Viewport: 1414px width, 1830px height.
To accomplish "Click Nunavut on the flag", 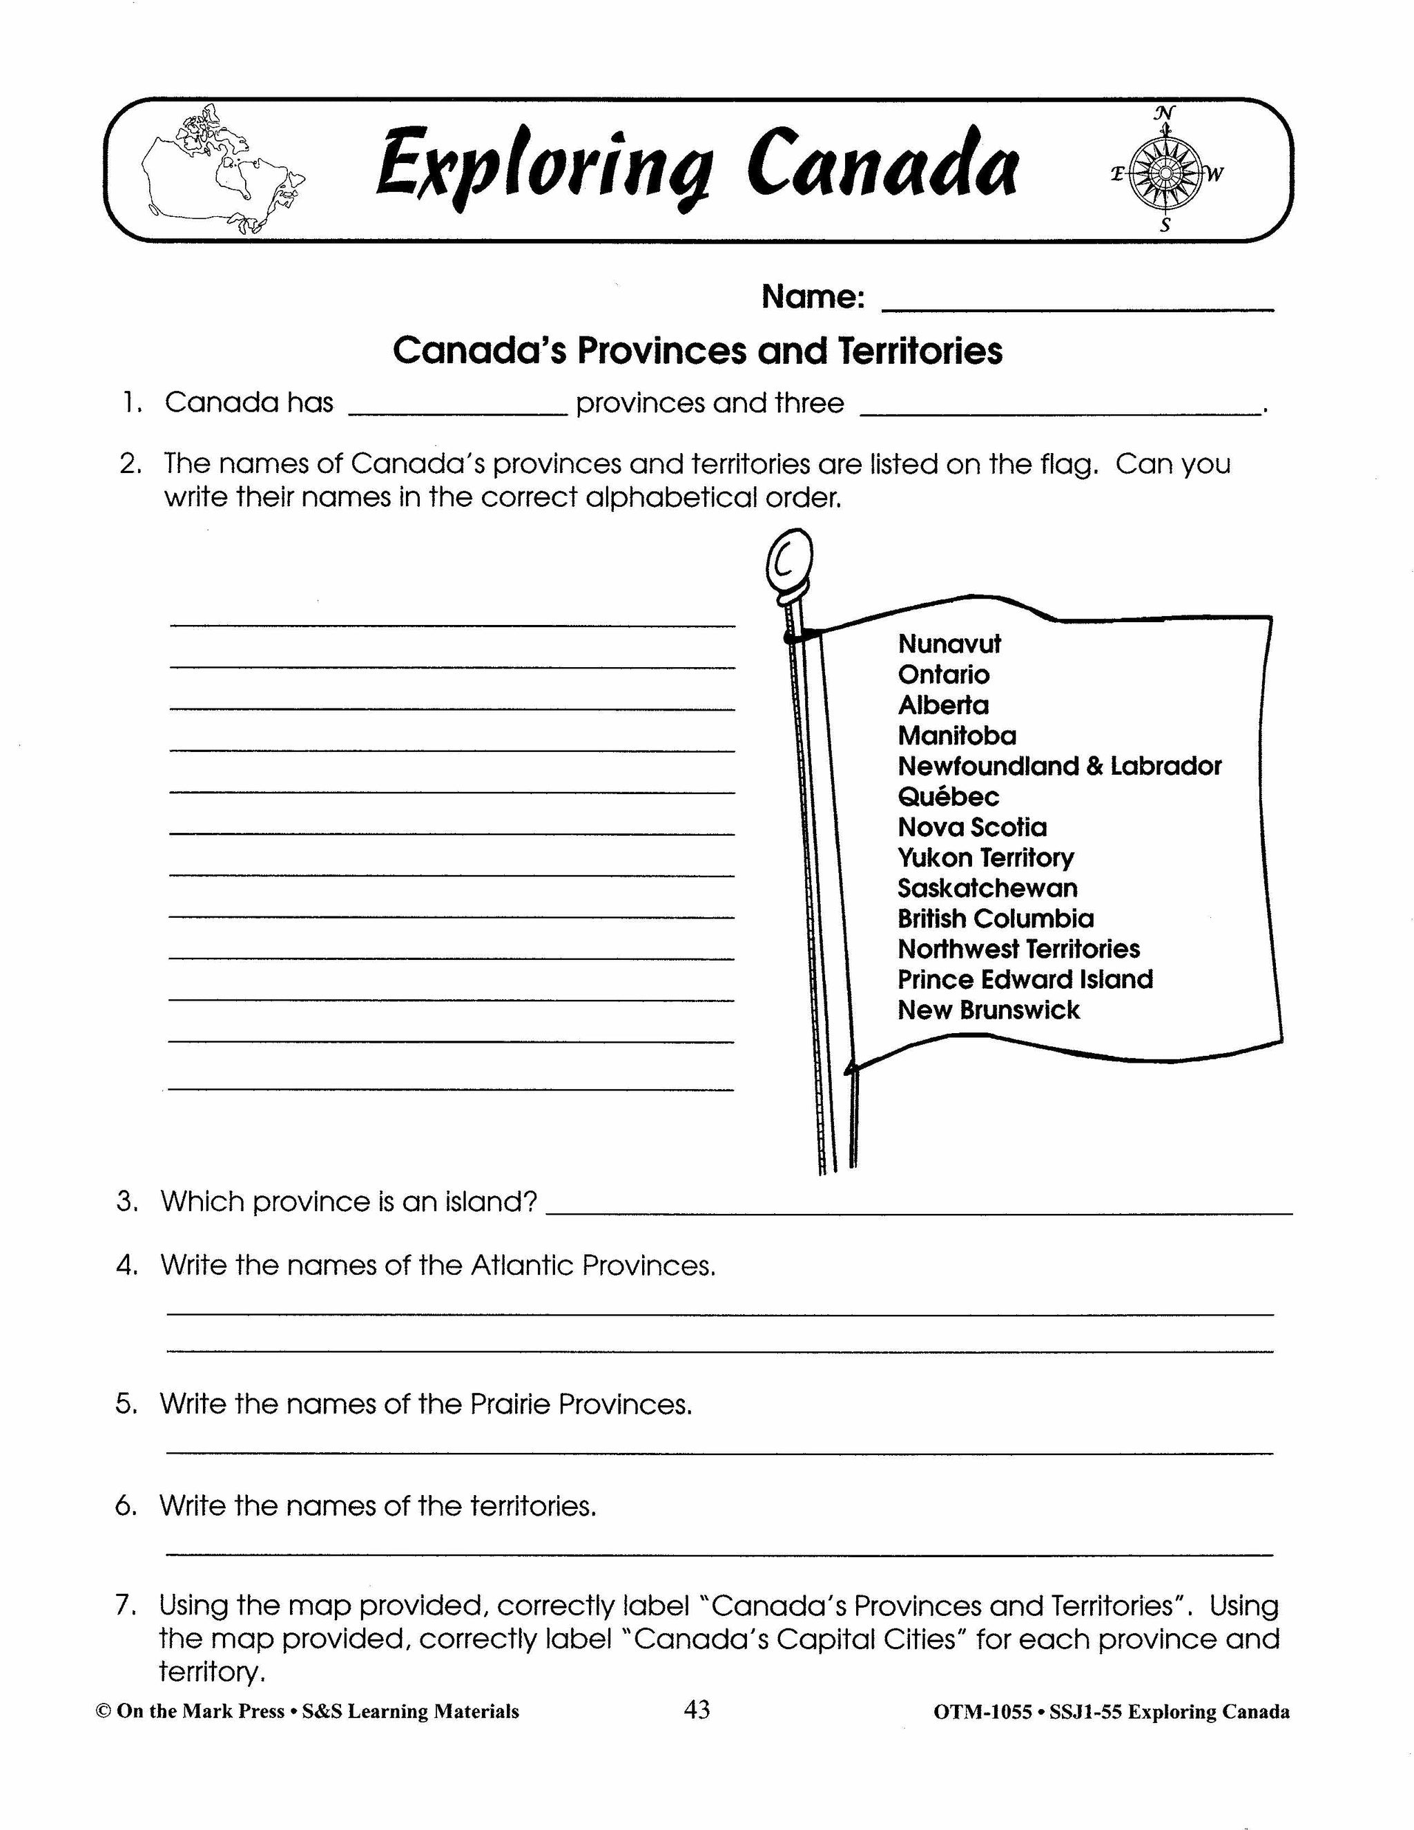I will click(949, 644).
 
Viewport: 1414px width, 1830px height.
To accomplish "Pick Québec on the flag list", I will click(948, 796).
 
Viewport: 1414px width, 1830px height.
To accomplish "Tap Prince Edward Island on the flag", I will click(1025, 979).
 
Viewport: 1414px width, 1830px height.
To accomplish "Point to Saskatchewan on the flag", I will click(987, 887).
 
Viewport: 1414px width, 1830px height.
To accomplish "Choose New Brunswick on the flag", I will click(989, 1010).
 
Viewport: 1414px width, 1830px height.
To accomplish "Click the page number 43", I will click(696, 1708).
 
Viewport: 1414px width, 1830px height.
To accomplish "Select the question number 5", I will click(126, 1403).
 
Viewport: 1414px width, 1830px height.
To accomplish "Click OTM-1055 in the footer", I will click(982, 1712).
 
